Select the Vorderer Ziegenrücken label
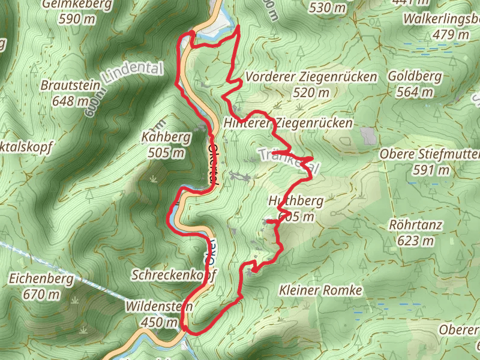311,77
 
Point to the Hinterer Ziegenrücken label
287,122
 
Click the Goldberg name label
415,77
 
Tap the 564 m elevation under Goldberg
415,92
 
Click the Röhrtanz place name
416,226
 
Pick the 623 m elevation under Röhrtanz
416,241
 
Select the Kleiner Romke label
321,290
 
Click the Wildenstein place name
159,307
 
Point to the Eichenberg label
41,279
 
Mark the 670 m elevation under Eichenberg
41,294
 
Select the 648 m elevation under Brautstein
70,101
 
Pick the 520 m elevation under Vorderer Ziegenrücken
311,92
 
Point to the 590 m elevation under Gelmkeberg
77,19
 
